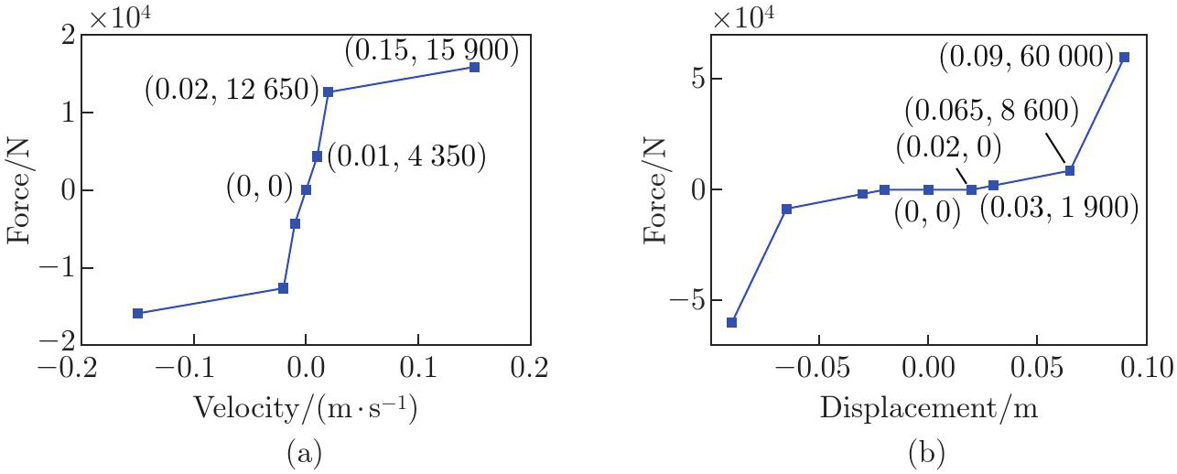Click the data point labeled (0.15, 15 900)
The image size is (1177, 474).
[474, 67]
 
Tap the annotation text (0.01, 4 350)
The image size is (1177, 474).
[405, 156]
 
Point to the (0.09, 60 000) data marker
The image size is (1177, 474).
[1124, 57]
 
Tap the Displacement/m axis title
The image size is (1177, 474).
[929, 410]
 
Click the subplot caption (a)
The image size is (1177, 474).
[306, 452]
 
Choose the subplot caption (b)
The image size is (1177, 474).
[927, 452]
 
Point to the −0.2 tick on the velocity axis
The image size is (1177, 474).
[80, 370]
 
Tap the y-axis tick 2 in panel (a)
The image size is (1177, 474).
[65, 36]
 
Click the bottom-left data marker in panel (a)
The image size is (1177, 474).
[138, 313]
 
